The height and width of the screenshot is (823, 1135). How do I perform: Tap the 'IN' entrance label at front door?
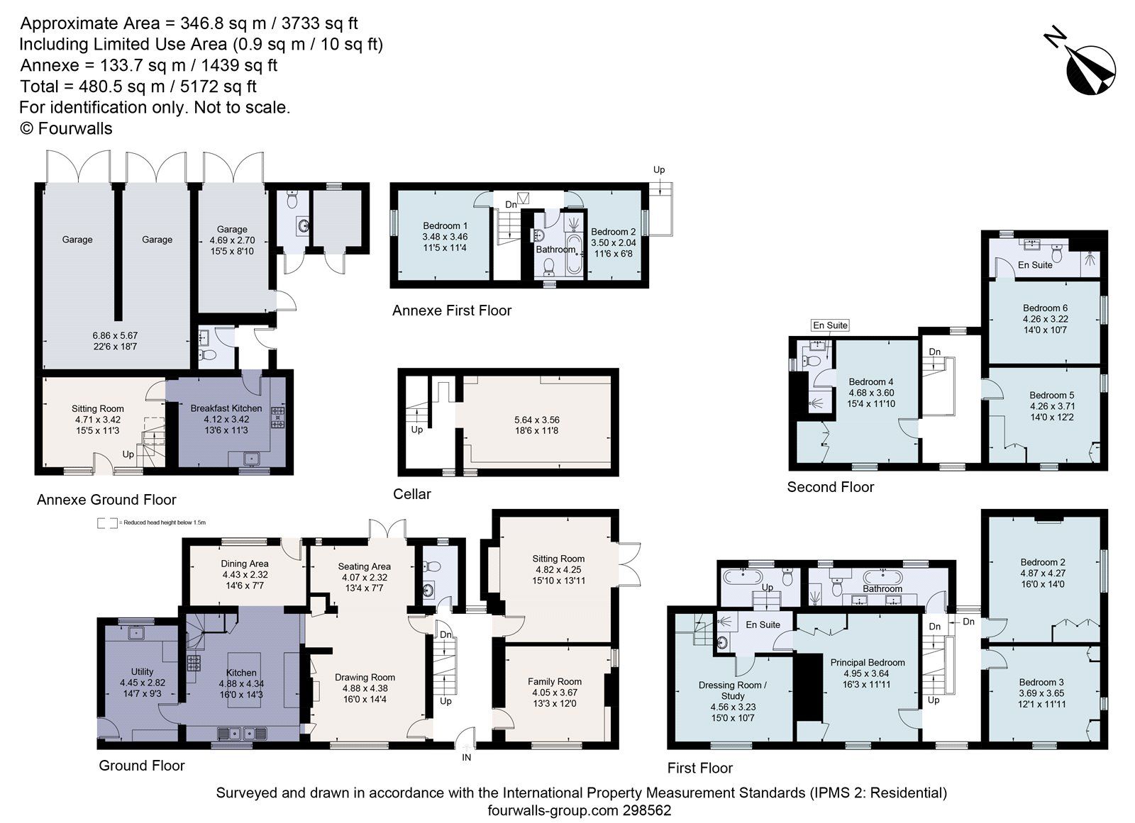point(467,757)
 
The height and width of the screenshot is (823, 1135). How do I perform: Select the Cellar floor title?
point(412,494)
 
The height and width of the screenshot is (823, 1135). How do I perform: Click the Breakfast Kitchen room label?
point(226,408)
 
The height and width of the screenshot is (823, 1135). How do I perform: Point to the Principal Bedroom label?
point(868,663)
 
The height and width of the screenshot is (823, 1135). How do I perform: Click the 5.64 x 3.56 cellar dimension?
point(536,420)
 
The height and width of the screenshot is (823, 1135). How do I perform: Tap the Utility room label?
point(142,671)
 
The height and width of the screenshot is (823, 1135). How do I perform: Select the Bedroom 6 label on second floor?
point(1045,308)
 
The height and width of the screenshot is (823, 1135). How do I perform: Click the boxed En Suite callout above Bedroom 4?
point(830,325)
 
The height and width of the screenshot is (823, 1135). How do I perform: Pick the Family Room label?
point(554,681)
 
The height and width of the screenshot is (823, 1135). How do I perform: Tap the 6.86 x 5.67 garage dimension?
point(114,335)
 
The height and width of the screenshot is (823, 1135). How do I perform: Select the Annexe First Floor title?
point(452,310)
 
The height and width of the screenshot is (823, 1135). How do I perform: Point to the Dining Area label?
point(245,564)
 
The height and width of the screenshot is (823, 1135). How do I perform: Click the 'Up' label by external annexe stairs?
point(659,170)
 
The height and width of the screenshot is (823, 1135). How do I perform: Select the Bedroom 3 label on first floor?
point(1041,682)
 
